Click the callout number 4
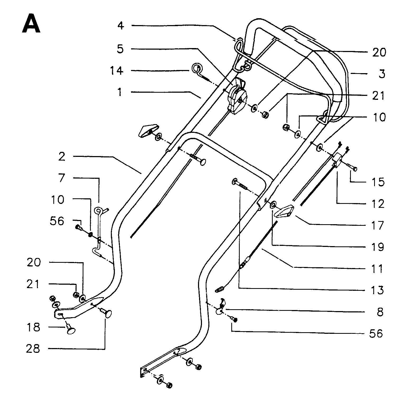point(121,26)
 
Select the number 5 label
point(120,49)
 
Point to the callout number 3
point(382,74)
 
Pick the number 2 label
point(62,157)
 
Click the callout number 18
point(33,327)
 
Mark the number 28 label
point(33,349)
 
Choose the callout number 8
point(380,312)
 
